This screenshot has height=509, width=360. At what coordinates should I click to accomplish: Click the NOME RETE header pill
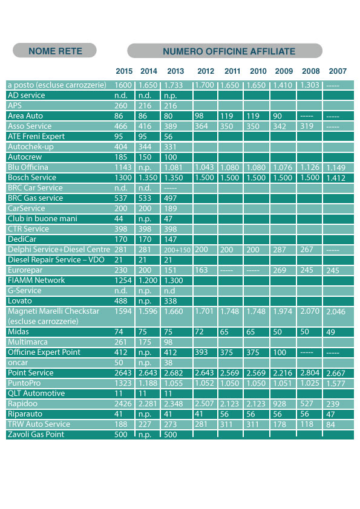point(54,51)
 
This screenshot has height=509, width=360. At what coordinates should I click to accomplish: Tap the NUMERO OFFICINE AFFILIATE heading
point(229,51)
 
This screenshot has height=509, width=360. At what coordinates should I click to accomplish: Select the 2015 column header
point(124,71)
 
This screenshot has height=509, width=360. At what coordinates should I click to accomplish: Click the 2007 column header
point(338,71)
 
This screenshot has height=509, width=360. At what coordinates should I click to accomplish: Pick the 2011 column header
point(232,71)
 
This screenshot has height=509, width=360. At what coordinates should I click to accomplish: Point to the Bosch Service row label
point(32,178)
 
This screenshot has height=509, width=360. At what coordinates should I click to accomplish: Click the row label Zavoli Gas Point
point(36,434)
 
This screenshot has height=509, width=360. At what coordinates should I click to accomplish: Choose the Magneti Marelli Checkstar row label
point(54,311)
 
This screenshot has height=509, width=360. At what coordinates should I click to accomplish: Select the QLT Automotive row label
point(36,394)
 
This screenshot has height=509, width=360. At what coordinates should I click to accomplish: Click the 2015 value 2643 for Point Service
point(123,373)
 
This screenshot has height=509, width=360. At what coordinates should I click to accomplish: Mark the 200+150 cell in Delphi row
point(177,250)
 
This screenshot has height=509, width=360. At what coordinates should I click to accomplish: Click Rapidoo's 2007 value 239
point(333,404)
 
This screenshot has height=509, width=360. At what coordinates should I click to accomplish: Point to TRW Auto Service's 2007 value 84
point(330,424)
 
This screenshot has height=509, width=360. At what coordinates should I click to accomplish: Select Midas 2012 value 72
point(199,332)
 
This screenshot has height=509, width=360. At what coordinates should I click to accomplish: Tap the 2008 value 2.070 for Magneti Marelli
point(310,311)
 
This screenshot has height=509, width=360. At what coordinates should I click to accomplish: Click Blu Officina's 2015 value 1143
point(123,167)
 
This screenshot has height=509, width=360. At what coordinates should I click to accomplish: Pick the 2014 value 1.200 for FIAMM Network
point(148,280)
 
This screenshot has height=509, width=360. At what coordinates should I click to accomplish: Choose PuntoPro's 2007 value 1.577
point(336,383)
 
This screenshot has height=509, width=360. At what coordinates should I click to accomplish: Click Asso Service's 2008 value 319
point(307,126)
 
